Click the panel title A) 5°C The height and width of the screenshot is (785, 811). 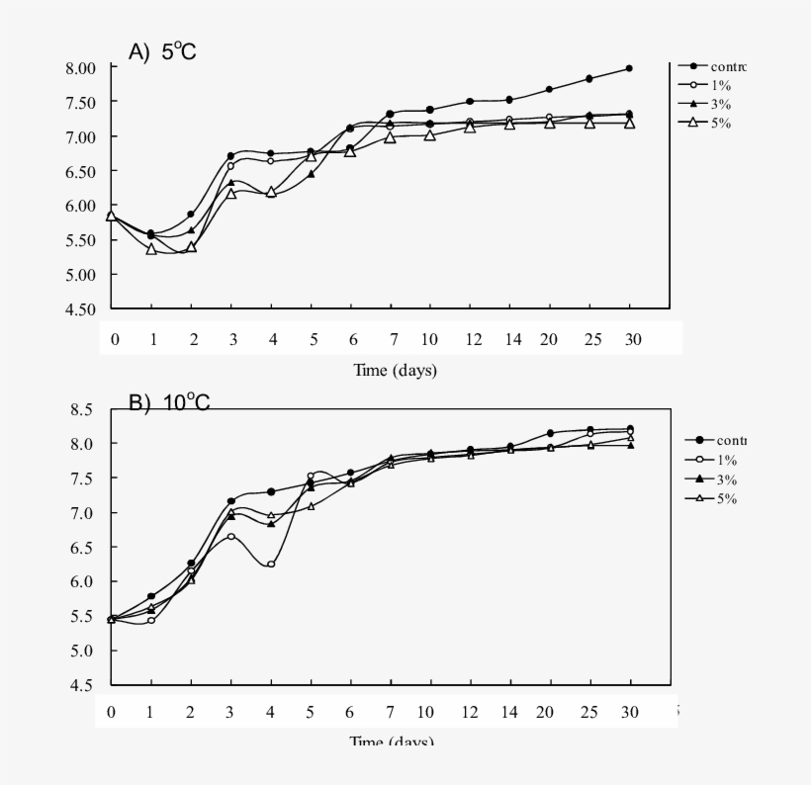pos(163,52)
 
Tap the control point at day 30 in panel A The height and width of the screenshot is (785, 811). pos(629,68)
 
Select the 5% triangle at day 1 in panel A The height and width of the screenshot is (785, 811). pos(151,249)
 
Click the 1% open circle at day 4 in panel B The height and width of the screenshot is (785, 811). pos(271,565)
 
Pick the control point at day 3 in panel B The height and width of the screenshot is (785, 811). pos(231,501)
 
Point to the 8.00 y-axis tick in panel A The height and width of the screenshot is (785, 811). pos(80,67)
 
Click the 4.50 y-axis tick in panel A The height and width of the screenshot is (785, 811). pos(80,309)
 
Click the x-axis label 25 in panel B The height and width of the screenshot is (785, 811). pos(590,713)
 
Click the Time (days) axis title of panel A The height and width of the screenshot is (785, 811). pos(396,371)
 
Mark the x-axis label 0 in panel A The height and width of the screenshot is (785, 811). pos(115,340)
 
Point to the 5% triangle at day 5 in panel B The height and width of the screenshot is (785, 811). pos(311,506)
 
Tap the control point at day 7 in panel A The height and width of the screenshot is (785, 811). pos(390,114)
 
